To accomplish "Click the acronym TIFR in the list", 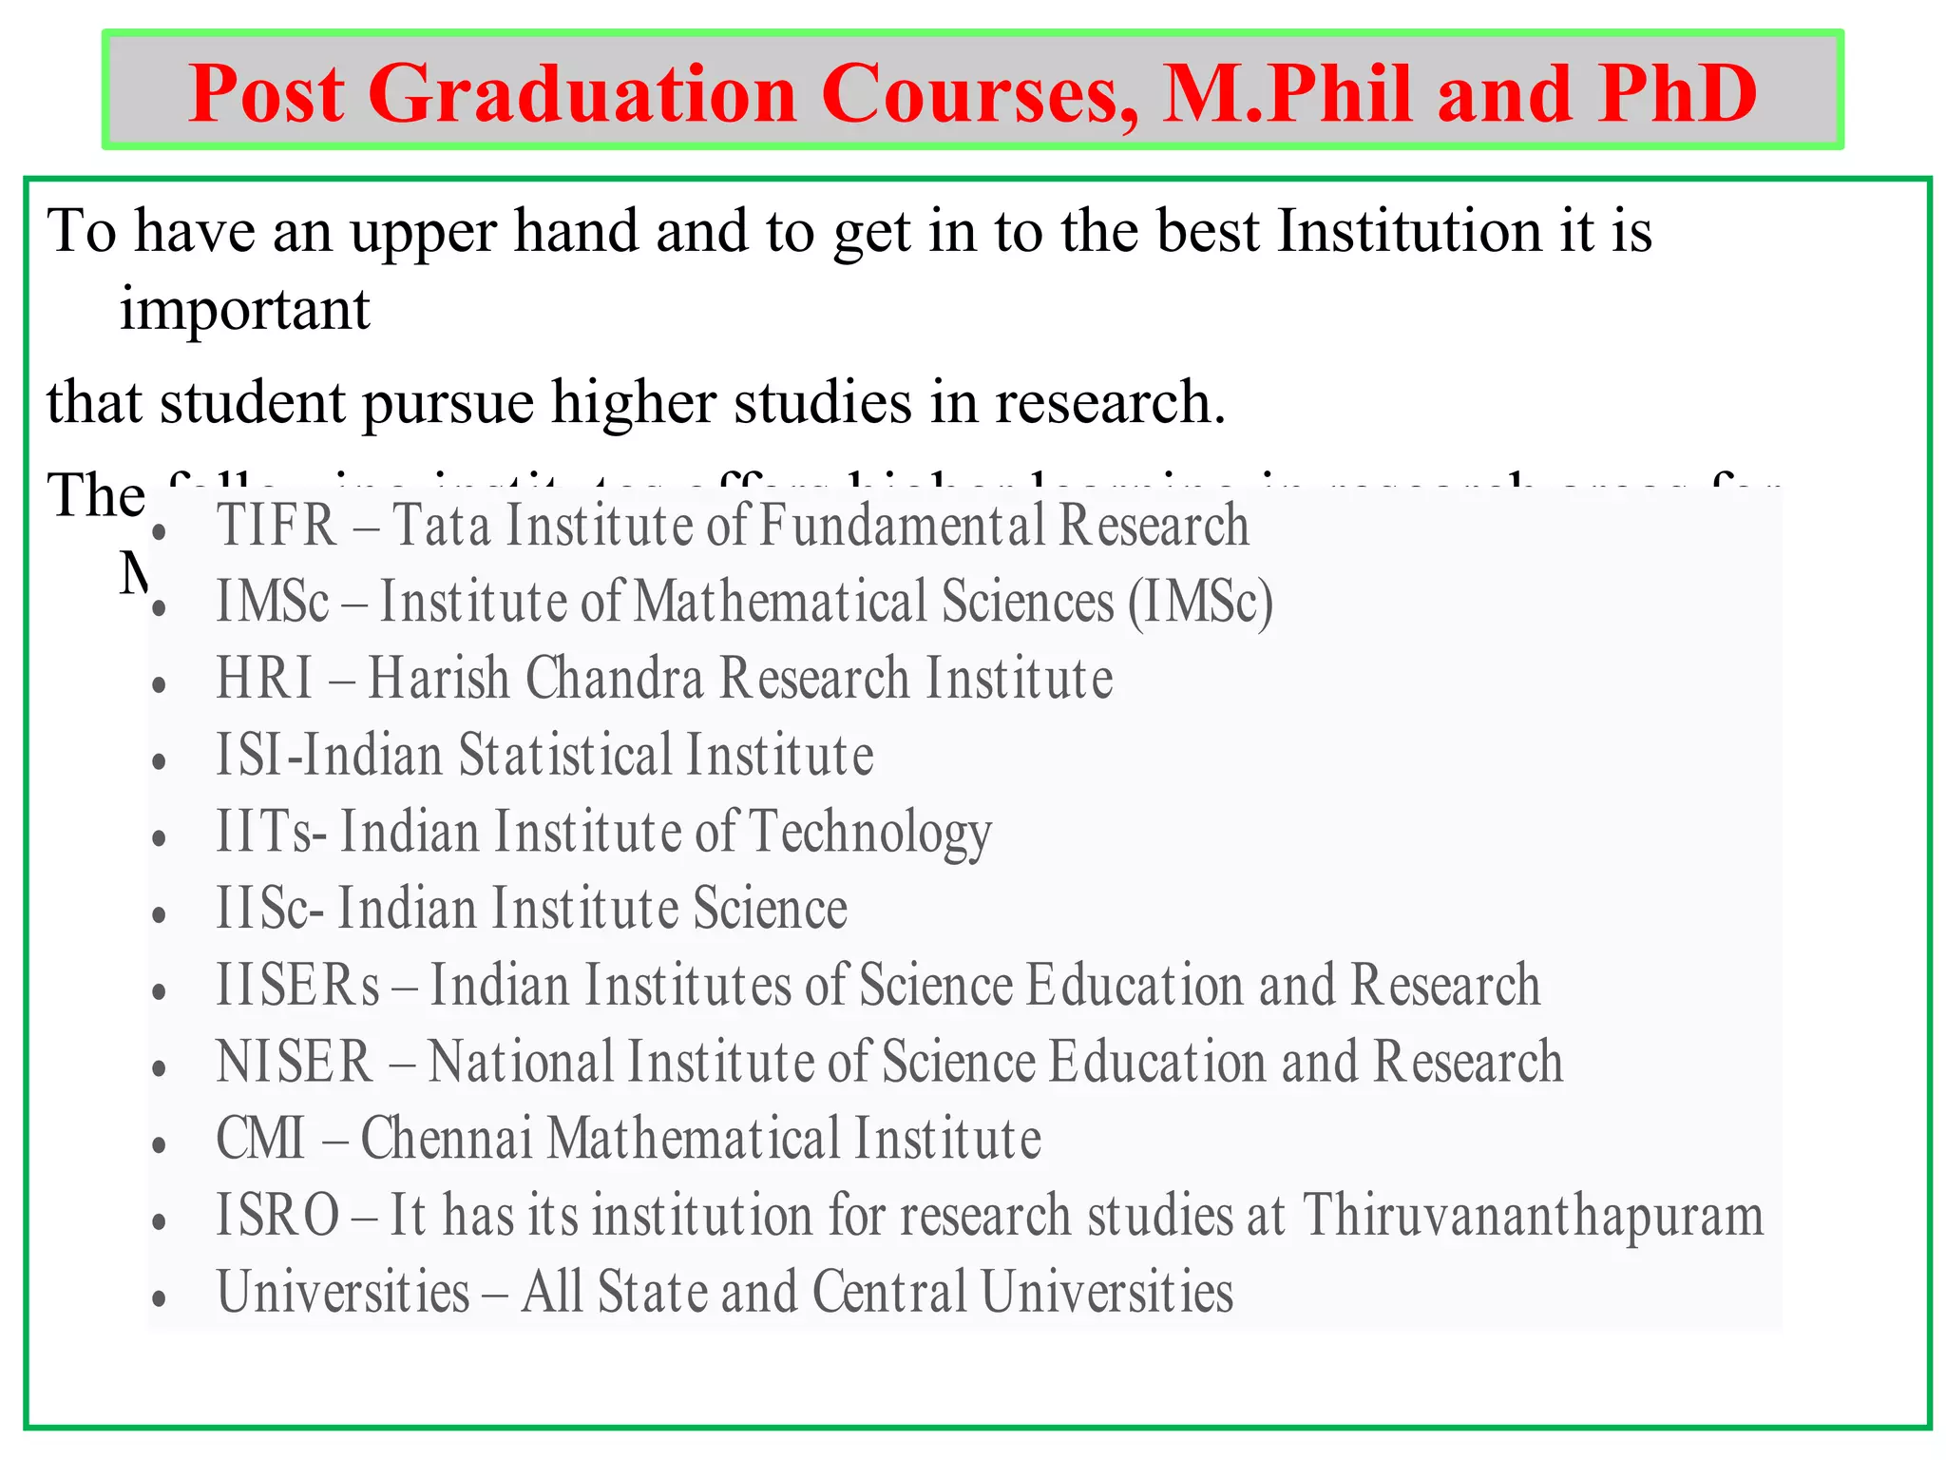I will coord(277,525).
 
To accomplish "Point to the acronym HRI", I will coord(264,678).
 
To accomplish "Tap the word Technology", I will coord(870,833).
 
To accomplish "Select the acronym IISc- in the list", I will coord(270,908).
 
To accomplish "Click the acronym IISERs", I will coord(298,985).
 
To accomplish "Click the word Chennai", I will coord(447,1138).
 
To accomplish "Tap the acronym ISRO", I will coord(277,1215).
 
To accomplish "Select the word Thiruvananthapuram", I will coord(1533,1215).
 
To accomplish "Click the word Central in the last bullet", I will coord(889,1292).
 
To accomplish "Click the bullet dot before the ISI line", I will coord(160,761).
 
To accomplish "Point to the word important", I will coord(244,310).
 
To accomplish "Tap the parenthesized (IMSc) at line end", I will coord(1200,603).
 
